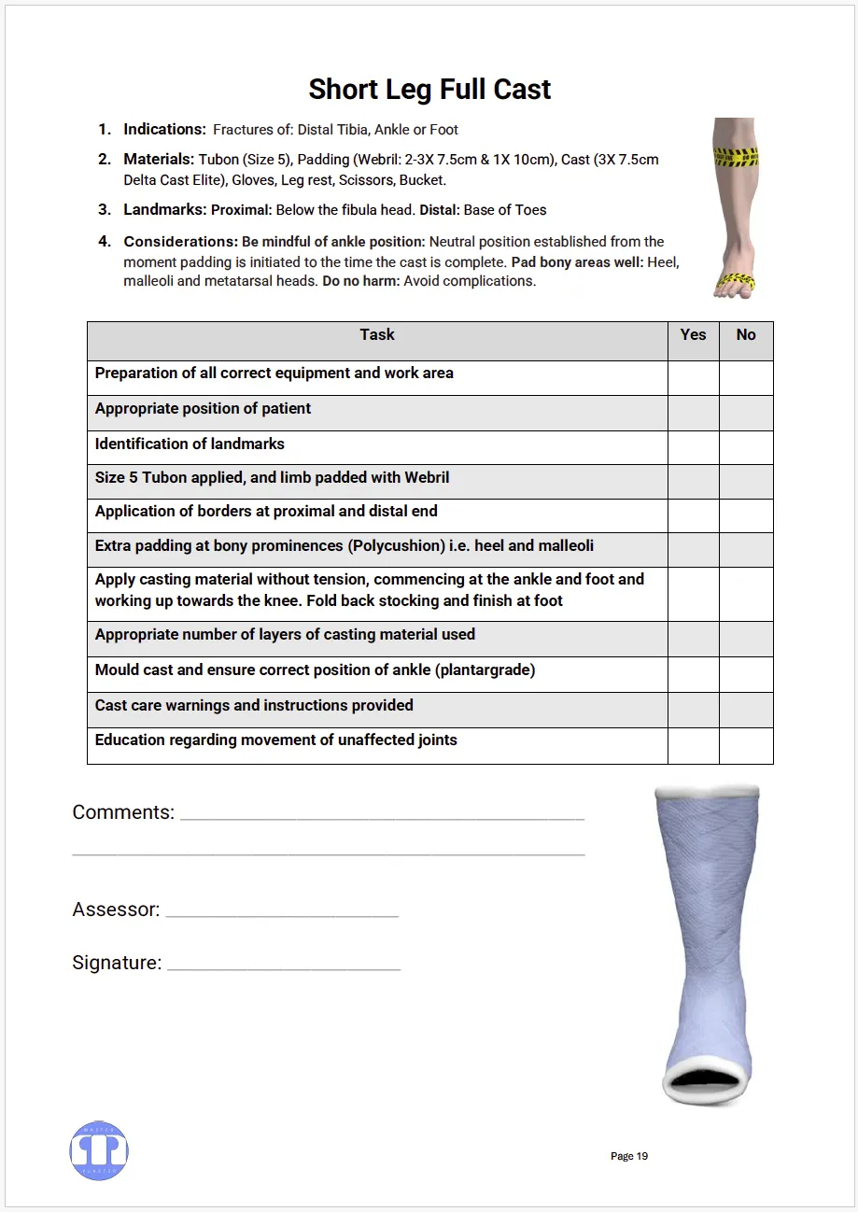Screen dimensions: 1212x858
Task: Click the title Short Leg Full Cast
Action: click(x=429, y=90)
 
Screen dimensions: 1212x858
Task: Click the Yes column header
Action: click(x=693, y=335)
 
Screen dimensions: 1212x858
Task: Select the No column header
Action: click(x=746, y=335)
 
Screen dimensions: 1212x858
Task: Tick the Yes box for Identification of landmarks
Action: click(x=693, y=447)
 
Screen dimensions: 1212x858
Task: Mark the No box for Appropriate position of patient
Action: click(x=746, y=413)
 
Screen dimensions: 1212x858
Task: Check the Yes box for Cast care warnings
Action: click(x=693, y=710)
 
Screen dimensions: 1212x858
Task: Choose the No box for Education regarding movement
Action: click(x=746, y=745)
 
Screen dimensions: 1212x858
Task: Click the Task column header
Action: click(x=377, y=335)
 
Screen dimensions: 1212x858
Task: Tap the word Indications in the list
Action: click(x=164, y=130)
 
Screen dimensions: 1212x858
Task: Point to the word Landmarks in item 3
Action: click(x=164, y=210)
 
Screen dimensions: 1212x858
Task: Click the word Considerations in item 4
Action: click(x=180, y=242)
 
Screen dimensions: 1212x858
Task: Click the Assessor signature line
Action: click(x=282, y=912)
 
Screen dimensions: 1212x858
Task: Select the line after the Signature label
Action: click(x=284, y=965)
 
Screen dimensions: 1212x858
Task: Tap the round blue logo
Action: click(x=99, y=1150)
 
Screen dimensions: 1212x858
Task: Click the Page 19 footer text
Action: click(x=628, y=1156)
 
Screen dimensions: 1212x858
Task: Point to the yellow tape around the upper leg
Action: click(x=735, y=157)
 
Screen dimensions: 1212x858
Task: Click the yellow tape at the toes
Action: click(x=735, y=281)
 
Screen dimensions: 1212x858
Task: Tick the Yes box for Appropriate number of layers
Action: click(x=693, y=639)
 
